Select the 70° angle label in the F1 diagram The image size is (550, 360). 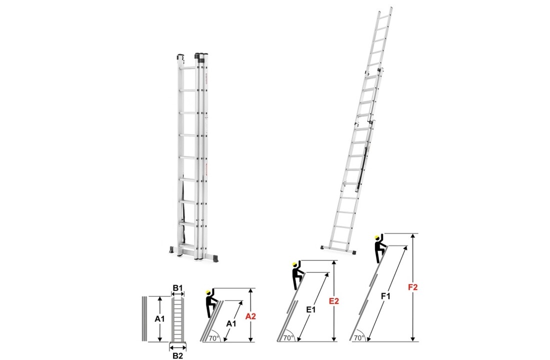[x=358, y=337]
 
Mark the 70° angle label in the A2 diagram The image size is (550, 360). [x=214, y=337]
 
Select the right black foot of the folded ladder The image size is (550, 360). [x=215, y=258]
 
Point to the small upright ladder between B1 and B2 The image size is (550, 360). [x=178, y=320]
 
